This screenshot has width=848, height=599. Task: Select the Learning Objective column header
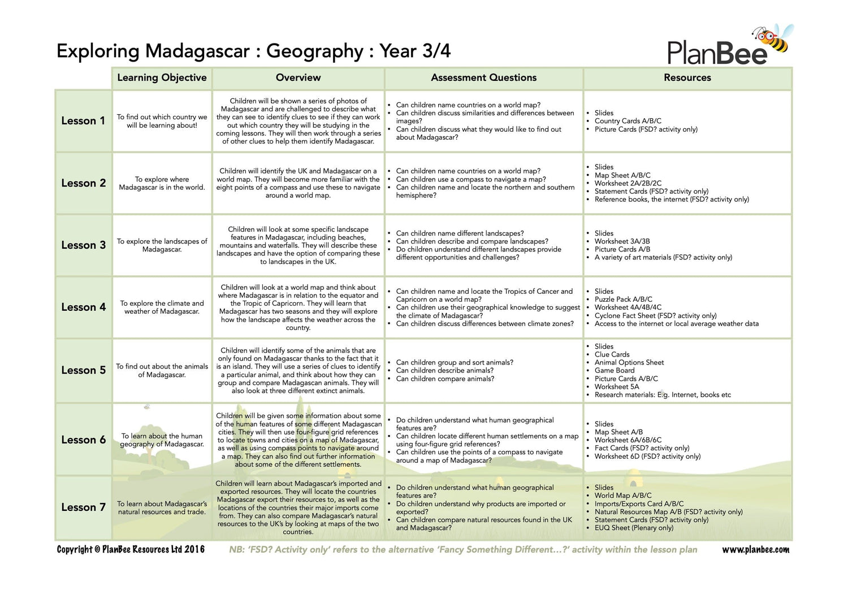point(162,78)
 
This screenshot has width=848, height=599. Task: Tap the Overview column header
point(298,78)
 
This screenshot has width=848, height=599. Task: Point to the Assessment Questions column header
point(483,78)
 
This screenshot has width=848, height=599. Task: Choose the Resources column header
point(687,78)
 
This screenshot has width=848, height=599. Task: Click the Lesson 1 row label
point(83,121)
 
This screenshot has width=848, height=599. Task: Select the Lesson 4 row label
point(83,307)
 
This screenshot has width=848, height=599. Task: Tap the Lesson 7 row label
point(83,507)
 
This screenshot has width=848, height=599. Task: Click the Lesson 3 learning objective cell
point(162,245)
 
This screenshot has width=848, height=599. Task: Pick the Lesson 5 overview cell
point(298,371)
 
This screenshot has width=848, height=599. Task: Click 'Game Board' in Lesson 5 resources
point(615,371)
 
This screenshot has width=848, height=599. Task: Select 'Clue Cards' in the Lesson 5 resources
point(612,354)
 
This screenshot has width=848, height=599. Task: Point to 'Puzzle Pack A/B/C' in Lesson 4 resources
point(623,299)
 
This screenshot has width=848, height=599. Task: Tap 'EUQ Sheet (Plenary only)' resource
point(634,528)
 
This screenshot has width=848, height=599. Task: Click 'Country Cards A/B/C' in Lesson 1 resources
point(628,121)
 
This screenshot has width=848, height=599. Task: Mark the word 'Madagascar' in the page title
point(197,51)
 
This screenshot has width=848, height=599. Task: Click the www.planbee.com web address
point(755,550)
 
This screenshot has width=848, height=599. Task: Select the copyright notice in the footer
point(131,550)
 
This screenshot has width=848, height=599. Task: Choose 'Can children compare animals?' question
point(445,379)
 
